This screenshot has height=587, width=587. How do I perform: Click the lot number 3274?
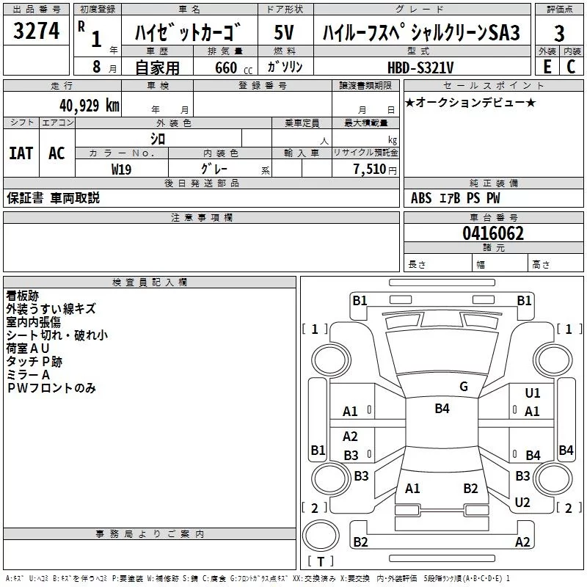click(36, 31)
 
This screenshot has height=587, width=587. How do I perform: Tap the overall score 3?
click(559, 33)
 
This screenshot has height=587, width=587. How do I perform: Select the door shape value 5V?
click(284, 32)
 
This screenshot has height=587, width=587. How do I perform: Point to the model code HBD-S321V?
click(420, 68)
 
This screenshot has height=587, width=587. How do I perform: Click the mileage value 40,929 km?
click(90, 106)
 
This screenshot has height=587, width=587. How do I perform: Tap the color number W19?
click(121, 169)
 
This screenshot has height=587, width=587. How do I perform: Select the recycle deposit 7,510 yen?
click(375, 169)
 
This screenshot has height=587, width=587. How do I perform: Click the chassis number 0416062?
click(493, 233)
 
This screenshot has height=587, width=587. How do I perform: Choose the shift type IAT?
click(21, 153)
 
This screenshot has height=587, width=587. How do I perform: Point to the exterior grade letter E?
click(547, 67)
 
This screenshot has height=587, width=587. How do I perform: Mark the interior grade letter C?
click(571, 67)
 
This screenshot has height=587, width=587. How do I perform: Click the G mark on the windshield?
click(464, 387)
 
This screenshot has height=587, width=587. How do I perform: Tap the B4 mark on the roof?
click(442, 408)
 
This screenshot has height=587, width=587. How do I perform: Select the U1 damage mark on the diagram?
click(533, 393)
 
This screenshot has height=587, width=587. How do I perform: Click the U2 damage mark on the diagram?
click(522, 502)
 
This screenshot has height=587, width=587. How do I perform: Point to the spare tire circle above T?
click(321, 535)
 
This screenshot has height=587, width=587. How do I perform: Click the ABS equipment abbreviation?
click(421, 198)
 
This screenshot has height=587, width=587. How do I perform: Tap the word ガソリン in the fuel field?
click(285, 67)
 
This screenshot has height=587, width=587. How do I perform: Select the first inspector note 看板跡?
click(23, 296)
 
